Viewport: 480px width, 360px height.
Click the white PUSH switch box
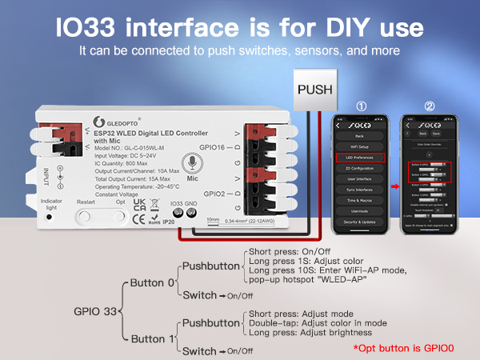coord(314,89)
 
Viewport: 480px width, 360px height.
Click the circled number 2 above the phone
coord(430,106)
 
